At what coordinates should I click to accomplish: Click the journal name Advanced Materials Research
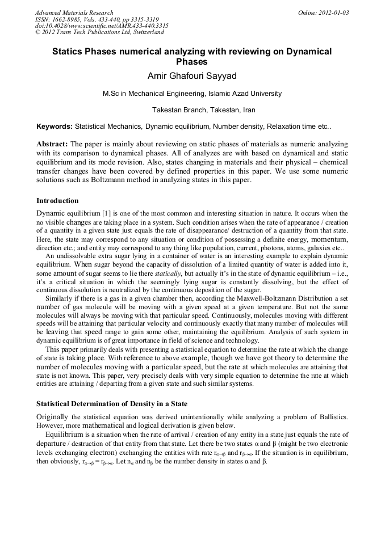tap(74, 12)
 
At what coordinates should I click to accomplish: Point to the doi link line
tap(101, 26)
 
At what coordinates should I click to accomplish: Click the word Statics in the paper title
tap(68, 51)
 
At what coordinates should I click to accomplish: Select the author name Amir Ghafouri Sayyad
tap(192, 76)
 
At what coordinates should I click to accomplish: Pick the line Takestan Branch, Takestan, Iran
tap(204, 109)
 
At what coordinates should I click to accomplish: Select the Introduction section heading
tap(57, 201)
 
